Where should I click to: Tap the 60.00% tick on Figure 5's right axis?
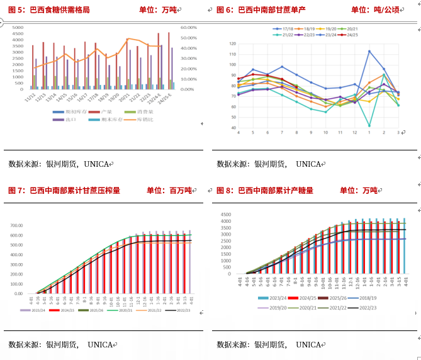(189, 28)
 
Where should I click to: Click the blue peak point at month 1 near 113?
(369, 52)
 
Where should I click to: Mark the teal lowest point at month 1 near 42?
(369, 126)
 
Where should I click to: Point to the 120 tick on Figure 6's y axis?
(232, 44)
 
